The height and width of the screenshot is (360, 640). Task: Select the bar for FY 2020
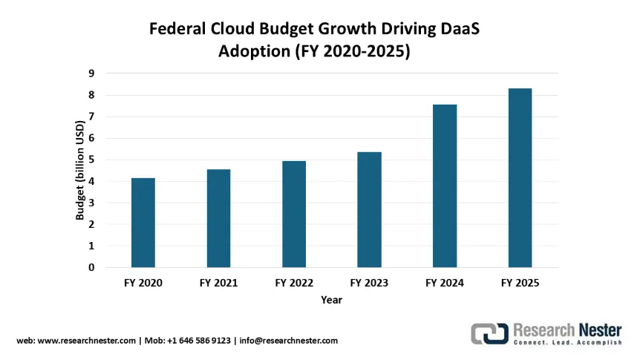click(143, 223)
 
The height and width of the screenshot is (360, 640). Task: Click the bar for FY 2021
click(218, 218)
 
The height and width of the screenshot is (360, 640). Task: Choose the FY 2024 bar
click(445, 186)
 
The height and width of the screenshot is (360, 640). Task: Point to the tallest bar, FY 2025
click(520, 177)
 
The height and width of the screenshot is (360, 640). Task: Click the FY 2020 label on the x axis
click(143, 283)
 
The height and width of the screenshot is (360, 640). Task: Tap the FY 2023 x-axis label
click(369, 283)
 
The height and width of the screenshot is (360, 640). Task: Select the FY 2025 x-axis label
click(520, 283)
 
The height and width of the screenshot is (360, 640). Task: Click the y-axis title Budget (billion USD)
click(79, 170)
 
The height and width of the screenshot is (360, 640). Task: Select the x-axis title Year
click(331, 300)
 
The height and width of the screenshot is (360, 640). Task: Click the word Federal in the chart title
click(177, 30)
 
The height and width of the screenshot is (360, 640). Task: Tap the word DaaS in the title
click(469, 30)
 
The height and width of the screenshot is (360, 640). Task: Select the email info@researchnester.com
click(290, 341)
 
